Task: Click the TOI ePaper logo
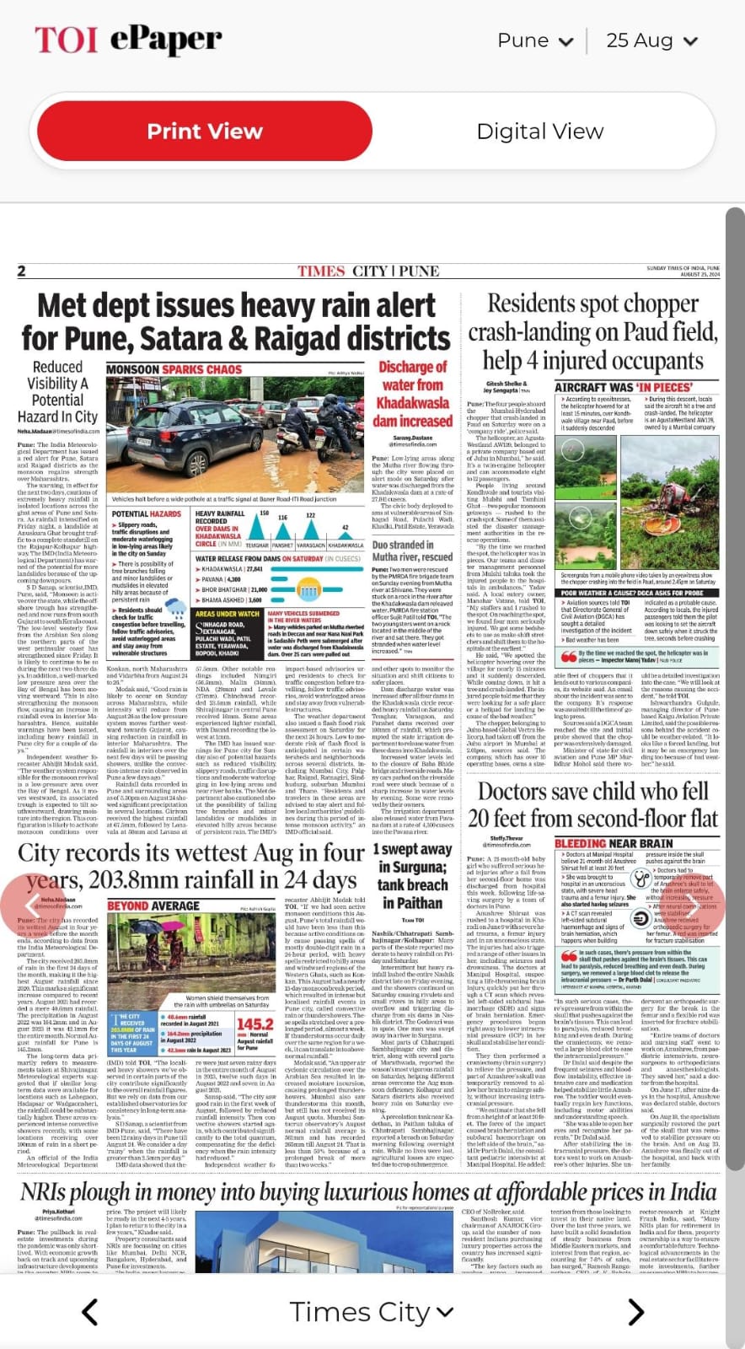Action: [127, 40]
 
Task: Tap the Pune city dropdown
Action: [533, 40]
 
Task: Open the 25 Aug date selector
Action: [651, 40]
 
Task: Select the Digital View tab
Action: [539, 132]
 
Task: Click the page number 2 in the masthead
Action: [22, 271]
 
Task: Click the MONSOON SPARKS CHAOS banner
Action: [174, 369]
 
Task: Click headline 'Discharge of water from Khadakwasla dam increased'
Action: [412, 394]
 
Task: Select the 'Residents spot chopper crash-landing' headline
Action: [593, 331]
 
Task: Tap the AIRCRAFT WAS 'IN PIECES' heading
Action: [623, 387]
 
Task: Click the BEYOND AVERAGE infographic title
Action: [153, 906]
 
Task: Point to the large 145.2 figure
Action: [255, 1024]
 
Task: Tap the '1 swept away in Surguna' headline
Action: [412, 875]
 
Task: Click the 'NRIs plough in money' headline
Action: [368, 1192]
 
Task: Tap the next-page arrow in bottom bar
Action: [636, 1312]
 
